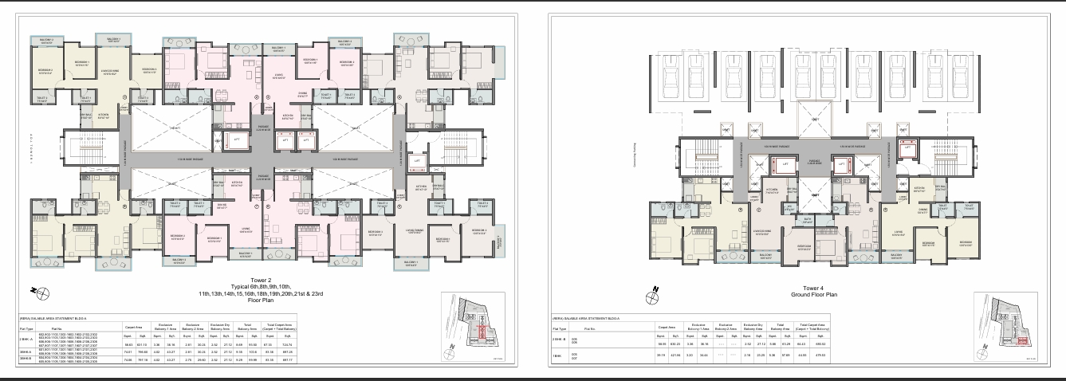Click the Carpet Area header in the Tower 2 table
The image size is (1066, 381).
[x=132, y=327]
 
